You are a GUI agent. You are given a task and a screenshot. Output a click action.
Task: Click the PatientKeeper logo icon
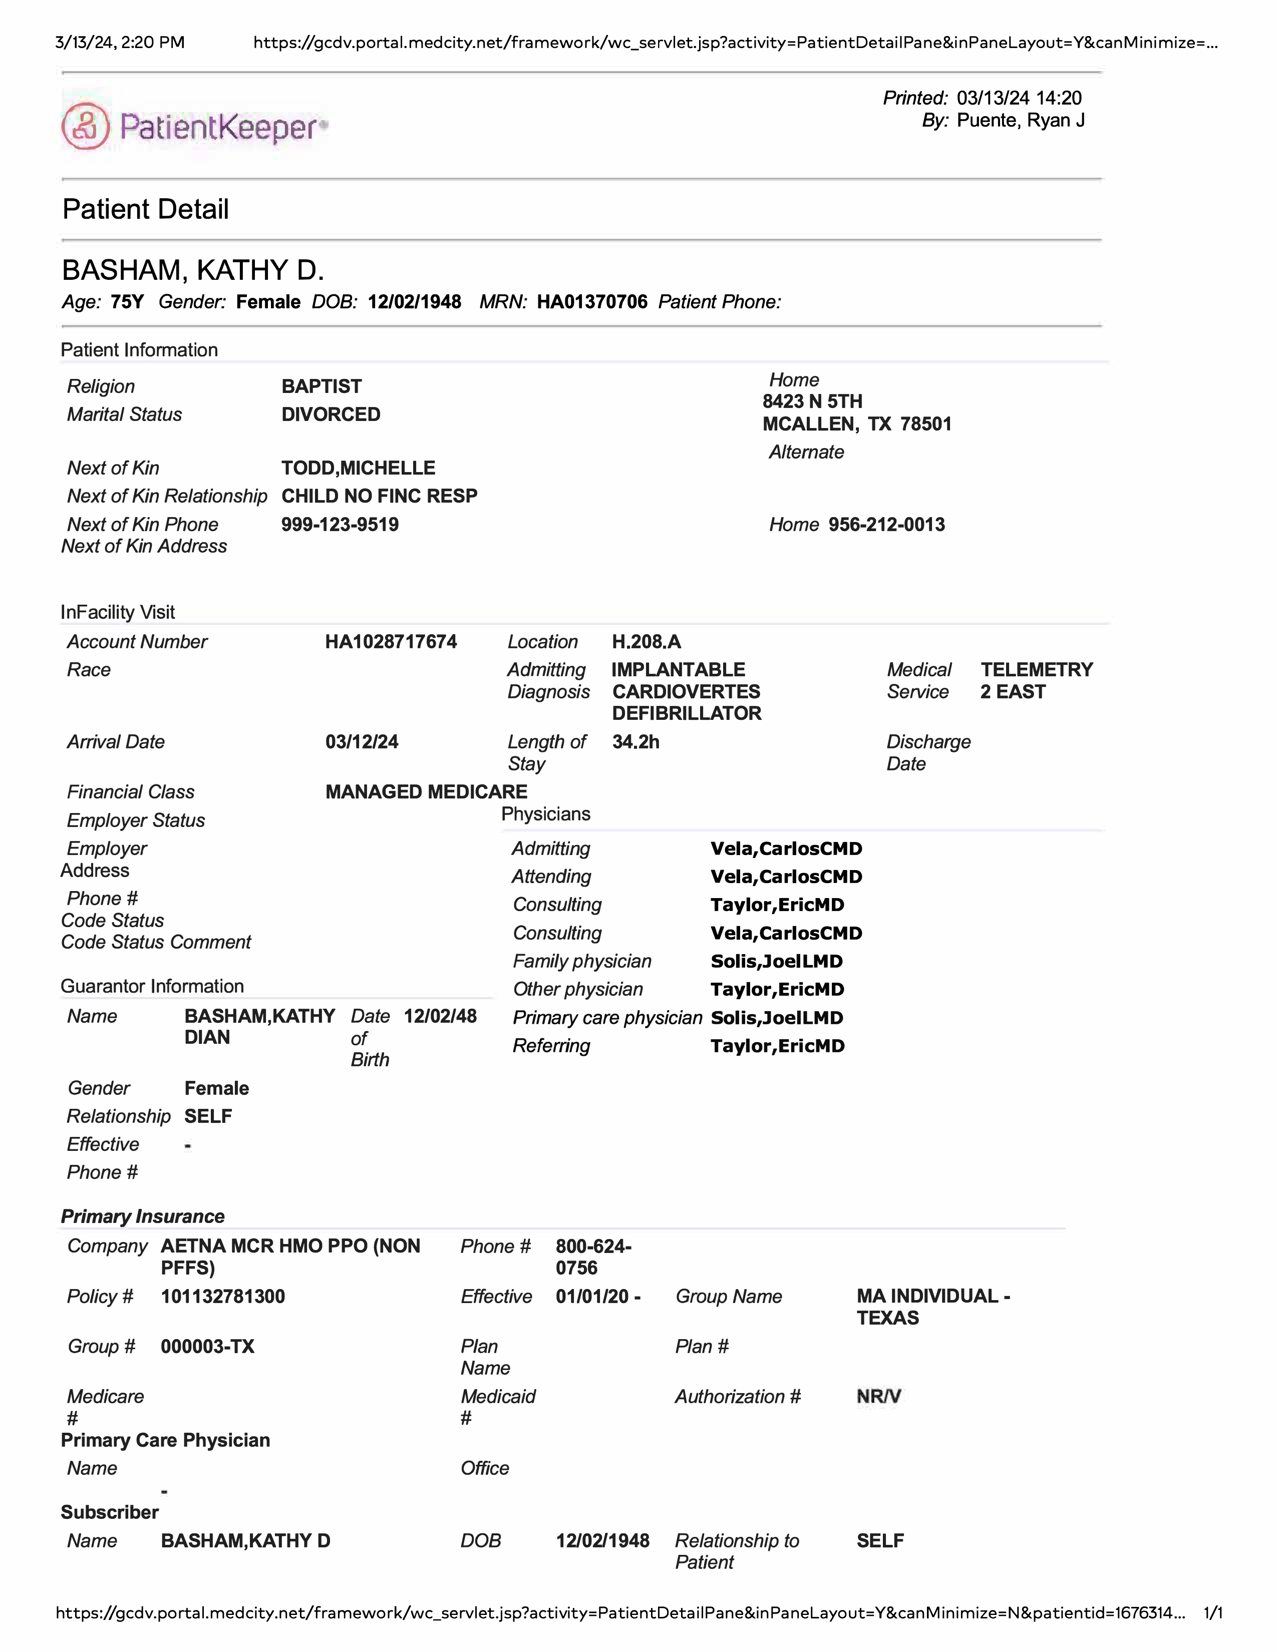86,126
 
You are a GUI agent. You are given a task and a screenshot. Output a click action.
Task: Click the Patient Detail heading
145,210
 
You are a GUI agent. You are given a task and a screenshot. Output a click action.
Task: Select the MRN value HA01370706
591,302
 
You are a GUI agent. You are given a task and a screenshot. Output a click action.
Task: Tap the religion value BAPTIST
322,386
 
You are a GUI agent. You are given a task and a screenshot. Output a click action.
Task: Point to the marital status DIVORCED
331,415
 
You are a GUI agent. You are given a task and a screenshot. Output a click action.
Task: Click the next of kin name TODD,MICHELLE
358,468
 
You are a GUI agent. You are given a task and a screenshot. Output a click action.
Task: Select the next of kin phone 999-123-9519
340,525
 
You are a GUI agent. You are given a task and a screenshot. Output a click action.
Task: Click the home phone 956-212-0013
886,525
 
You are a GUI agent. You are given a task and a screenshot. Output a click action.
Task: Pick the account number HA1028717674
391,642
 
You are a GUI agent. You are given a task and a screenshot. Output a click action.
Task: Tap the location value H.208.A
646,642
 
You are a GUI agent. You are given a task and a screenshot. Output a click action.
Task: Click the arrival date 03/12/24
362,742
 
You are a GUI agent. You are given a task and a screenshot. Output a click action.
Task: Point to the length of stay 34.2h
635,742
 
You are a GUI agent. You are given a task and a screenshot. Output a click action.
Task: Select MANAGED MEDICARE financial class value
426,792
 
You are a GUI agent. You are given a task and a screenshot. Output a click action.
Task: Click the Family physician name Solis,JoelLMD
776,961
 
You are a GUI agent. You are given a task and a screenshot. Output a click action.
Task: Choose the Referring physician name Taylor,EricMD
777,1046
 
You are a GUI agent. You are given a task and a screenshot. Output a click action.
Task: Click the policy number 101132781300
222,1297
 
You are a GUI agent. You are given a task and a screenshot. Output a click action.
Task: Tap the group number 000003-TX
207,1347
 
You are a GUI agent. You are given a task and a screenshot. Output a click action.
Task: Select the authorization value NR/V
878,1396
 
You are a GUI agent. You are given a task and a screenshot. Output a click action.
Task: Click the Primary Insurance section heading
142,1216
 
